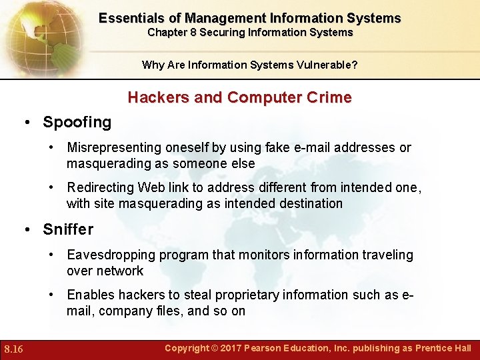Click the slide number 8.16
pos(13,349)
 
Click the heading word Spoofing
pos(77,122)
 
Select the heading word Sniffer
pos(68,229)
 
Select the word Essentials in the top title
pos(131,18)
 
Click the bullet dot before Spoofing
pos(27,123)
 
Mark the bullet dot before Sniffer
pos(27,230)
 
